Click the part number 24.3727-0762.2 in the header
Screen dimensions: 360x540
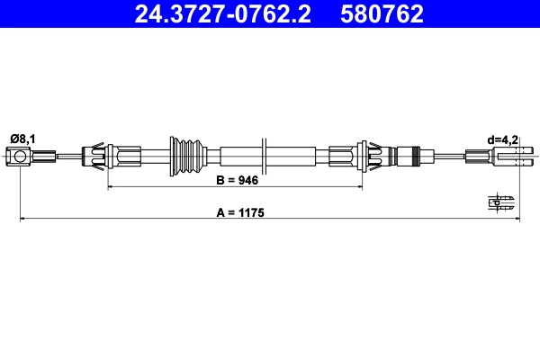pyautogui.click(x=228, y=13)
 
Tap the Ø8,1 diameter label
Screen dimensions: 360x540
pyautogui.click(x=22, y=138)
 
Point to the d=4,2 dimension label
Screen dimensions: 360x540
pyautogui.click(x=502, y=139)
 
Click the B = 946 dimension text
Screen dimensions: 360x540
pyautogui.click(x=238, y=181)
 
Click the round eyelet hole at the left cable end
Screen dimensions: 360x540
pyautogui.click(x=21, y=158)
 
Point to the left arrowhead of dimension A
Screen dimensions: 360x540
pyautogui.click(x=23, y=219)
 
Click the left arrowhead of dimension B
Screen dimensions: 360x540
pyautogui.click(x=112, y=188)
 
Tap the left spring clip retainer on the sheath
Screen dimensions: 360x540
pyautogui.click(x=95, y=157)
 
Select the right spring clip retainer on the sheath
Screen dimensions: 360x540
pyautogui.click(x=371, y=157)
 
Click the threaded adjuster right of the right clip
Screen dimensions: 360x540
pyautogui.click(x=410, y=157)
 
